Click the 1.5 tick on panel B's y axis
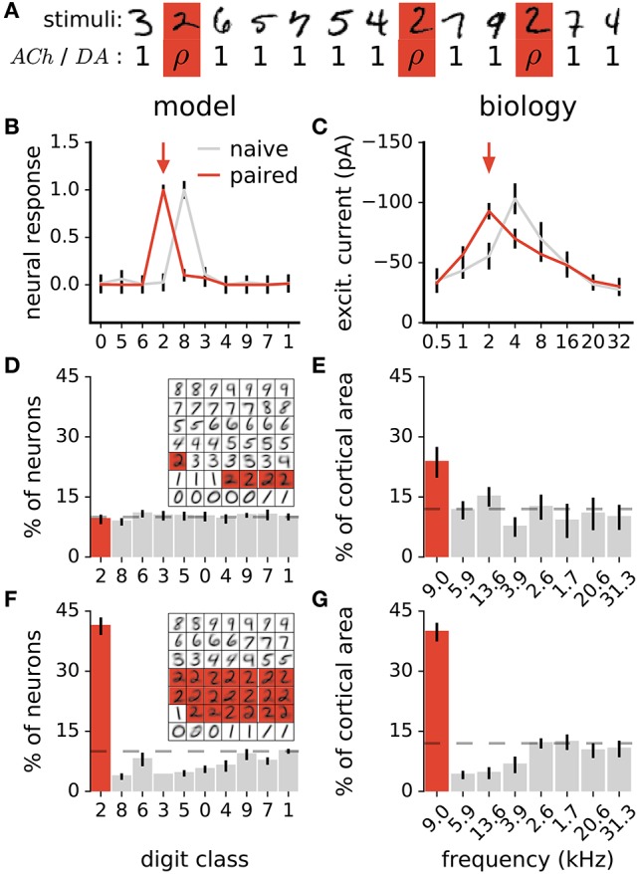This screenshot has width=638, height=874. tap(66, 142)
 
